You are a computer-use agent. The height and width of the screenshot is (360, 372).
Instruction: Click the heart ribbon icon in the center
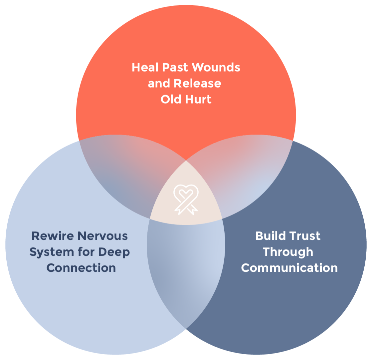point(186,199)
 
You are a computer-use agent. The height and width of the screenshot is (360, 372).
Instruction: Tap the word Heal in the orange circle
point(145,67)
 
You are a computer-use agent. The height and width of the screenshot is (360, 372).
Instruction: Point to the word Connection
point(81,268)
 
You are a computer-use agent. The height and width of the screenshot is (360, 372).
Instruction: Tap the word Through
point(288,252)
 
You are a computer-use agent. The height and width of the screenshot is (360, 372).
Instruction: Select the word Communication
point(289,268)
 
